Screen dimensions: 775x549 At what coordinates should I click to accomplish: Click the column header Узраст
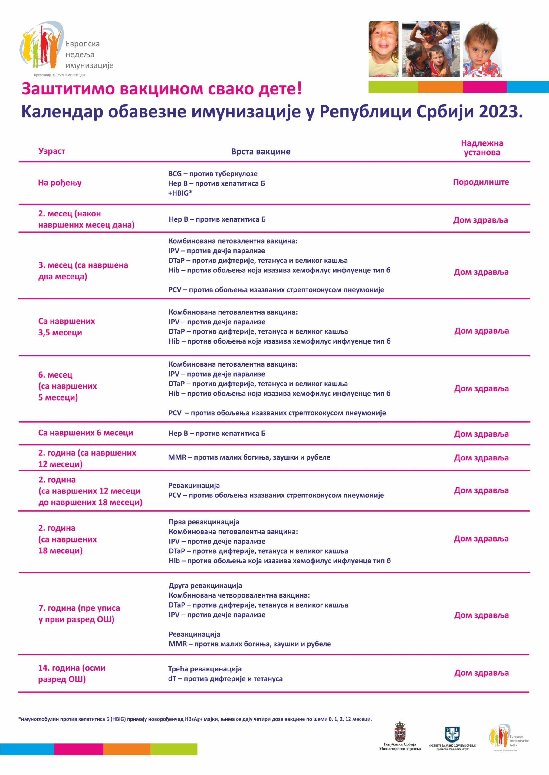(51, 151)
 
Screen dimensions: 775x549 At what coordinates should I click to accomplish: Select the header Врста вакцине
(260, 151)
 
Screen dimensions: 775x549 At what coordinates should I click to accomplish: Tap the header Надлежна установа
(482, 148)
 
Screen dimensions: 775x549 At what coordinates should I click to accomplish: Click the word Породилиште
(481, 182)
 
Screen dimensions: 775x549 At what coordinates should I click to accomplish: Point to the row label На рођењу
(60, 183)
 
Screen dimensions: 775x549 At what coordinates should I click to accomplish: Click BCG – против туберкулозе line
(213, 174)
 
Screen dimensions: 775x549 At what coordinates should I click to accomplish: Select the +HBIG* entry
(180, 193)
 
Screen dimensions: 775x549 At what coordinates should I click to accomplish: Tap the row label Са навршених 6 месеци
(86, 433)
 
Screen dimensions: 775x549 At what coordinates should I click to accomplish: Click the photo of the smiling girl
(383, 49)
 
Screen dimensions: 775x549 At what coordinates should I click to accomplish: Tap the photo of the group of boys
(431, 49)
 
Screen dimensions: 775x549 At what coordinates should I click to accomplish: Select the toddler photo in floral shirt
(482, 49)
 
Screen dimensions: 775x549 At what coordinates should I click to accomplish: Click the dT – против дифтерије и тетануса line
(225, 679)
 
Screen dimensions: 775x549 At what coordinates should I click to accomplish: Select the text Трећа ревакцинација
(205, 669)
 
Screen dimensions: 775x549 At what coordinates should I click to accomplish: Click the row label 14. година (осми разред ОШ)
(72, 673)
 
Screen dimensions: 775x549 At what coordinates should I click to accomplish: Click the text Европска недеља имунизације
(89, 54)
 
